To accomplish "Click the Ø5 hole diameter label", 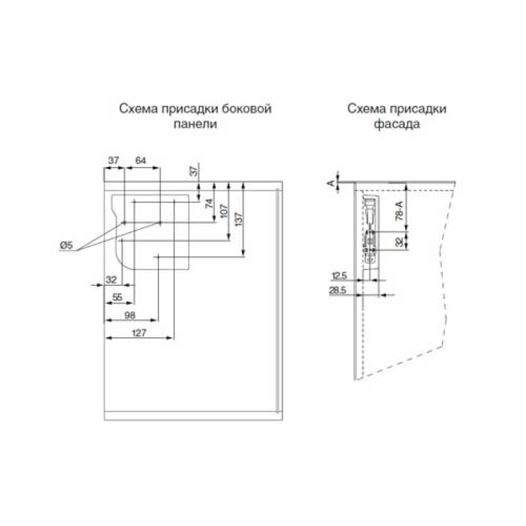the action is tap(66, 245).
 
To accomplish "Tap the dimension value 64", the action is tap(141, 160).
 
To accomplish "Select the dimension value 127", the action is tap(139, 333).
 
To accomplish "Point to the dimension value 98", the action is tap(130, 315).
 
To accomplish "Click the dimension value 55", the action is tap(117, 297).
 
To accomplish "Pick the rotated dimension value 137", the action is tap(239, 219).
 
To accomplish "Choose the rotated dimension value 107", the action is tap(224, 211).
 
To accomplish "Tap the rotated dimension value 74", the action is tap(209, 203).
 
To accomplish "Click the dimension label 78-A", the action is tap(399, 210).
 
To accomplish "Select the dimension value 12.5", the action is tap(339, 276).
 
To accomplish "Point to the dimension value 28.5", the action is tap(337, 290).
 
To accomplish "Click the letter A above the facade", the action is tap(331, 183).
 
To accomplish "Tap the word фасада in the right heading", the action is tap(397, 124).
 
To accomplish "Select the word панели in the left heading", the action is tap(195, 124).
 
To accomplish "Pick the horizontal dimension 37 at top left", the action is tap(113, 160).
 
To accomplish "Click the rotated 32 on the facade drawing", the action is tap(399, 242).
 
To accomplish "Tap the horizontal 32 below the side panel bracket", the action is tap(111, 279).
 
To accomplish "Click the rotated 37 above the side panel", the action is tap(194, 171).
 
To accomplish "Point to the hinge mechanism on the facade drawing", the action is tap(370, 231).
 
